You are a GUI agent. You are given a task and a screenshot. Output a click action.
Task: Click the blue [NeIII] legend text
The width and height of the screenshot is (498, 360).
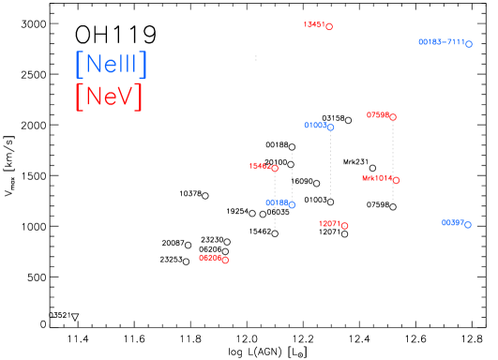click(x=111, y=64)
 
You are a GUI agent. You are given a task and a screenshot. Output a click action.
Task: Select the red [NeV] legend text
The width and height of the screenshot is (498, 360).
click(x=109, y=96)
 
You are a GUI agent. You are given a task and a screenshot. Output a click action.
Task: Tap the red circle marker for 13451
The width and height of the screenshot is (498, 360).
click(x=329, y=27)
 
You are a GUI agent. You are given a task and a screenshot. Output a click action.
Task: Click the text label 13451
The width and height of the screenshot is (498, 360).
click(x=313, y=24)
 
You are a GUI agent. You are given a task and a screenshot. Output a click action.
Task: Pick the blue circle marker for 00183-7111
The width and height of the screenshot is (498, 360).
click(x=469, y=44)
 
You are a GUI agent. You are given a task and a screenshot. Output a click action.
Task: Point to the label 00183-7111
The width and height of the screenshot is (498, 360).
click(x=441, y=42)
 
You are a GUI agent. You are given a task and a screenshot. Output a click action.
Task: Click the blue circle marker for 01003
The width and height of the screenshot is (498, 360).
click(x=331, y=127)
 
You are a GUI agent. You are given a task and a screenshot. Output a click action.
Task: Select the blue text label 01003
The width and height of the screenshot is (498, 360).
click(x=315, y=125)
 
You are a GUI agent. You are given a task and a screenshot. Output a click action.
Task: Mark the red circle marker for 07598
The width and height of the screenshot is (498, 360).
click(x=393, y=117)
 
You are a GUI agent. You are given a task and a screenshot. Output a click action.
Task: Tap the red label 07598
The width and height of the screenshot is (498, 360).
click(x=377, y=114)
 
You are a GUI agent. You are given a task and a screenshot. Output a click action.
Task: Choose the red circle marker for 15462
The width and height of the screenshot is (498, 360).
click(x=275, y=169)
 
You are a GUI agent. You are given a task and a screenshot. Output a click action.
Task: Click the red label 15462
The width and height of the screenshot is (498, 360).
click(x=259, y=166)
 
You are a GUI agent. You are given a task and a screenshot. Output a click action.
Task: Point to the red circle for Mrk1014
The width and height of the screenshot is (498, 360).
click(x=396, y=180)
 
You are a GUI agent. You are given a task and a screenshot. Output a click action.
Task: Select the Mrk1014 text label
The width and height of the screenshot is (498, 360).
click(x=377, y=177)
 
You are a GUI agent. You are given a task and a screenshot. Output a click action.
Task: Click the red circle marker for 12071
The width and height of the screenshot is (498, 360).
click(x=345, y=226)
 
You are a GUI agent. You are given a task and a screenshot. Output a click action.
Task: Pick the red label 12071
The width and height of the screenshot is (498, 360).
click(x=329, y=223)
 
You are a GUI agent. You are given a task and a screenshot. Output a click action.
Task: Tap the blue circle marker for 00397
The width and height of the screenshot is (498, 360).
click(x=468, y=225)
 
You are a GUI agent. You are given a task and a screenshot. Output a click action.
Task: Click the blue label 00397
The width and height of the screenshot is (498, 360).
click(x=452, y=222)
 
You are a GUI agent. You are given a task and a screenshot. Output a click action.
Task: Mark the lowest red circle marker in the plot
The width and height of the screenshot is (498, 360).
click(x=225, y=260)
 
